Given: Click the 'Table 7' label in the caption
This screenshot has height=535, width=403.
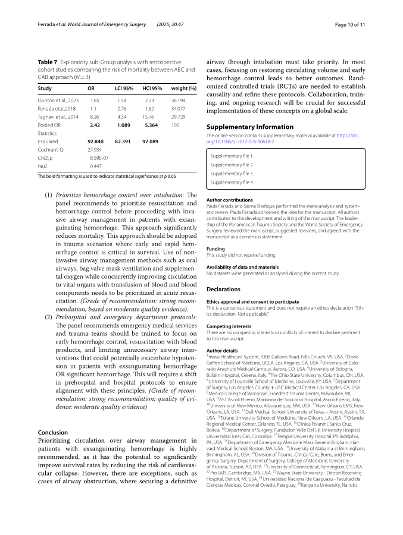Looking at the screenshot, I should click(48, 62).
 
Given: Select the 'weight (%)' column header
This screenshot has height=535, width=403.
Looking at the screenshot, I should click(183, 88).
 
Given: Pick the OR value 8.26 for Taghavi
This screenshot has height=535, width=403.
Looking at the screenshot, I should click(94, 117).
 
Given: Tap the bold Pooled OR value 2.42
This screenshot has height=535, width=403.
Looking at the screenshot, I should click(95, 125).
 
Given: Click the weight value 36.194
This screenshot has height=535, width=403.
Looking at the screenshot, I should click(179, 100).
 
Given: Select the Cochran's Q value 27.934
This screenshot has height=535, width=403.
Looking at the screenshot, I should click(96, 150).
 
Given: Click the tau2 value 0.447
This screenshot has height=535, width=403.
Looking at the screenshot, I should click(94, 166).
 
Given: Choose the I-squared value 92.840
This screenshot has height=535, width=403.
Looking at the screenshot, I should click(96, 142).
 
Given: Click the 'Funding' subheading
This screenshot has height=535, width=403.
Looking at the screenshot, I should click(215, 248).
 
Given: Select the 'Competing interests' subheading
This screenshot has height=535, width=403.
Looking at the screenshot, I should click(229, 326).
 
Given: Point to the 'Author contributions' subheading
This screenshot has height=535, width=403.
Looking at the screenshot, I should click(230, 200).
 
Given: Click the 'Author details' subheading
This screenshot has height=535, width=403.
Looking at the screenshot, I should click(222, 351).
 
